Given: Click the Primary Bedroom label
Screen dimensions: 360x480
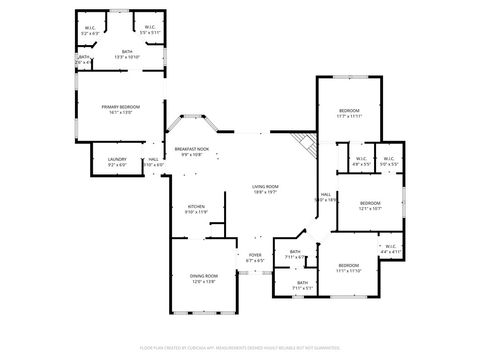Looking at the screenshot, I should coord(119,108).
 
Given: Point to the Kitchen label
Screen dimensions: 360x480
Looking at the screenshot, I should coord(196,209).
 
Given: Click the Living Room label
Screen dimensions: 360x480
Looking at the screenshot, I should coord(265,189).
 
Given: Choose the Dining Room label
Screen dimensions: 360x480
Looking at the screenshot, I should coord(203,280).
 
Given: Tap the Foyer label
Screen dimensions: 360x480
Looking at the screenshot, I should coord(255,257).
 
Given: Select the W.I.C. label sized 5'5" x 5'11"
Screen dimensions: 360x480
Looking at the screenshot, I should coord(149,30).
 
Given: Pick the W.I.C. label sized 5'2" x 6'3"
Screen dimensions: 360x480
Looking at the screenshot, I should coord(91,30).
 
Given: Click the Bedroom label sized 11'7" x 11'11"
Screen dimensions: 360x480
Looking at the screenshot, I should coord(349,113).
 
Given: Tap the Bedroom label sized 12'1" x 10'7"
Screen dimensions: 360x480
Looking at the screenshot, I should coord(370,206).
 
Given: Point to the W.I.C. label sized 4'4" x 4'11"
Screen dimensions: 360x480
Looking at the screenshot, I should coord(390,249).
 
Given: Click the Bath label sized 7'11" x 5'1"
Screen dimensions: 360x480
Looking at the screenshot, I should coord(302,285).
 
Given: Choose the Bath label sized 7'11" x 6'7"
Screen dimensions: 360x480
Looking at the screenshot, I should coord(295,254).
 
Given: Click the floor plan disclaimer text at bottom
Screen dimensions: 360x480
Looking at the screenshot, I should coord(240,347).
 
